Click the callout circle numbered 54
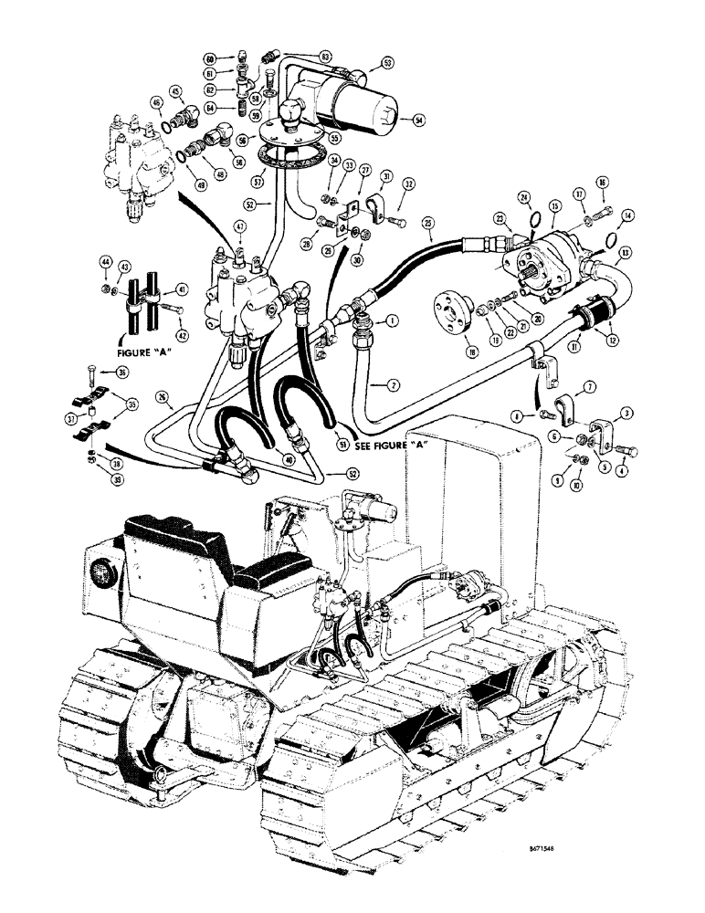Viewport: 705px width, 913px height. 419,121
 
